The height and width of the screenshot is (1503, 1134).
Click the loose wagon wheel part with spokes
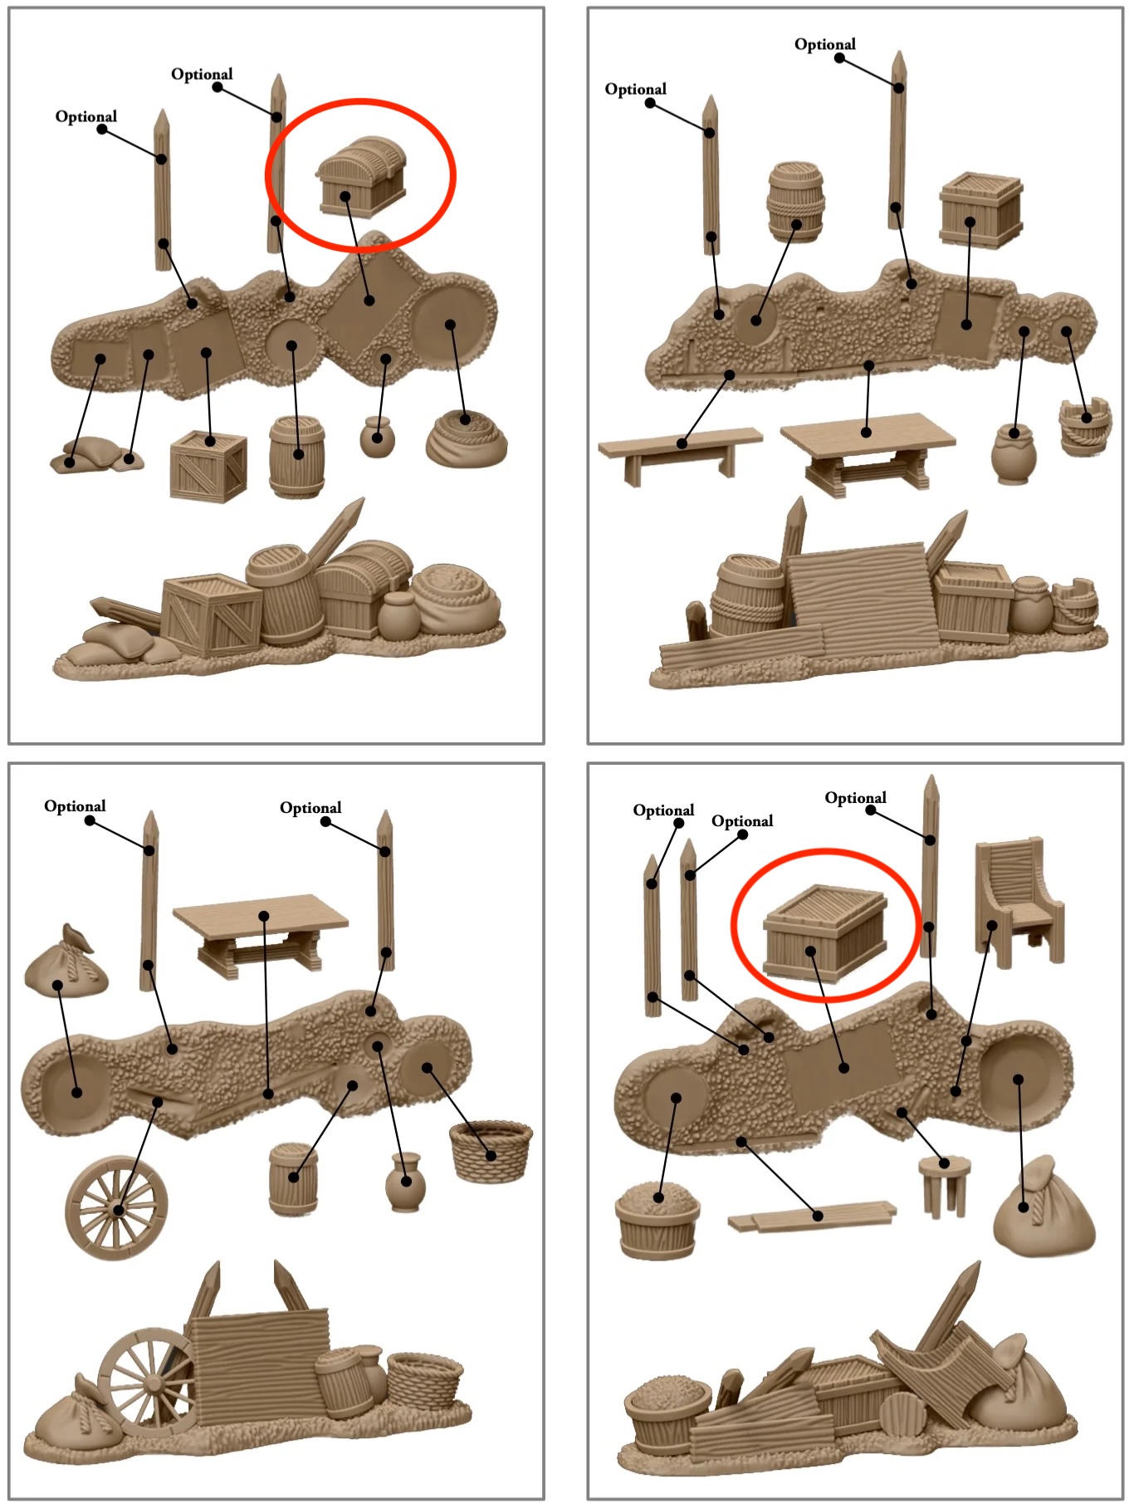coord(116,1207)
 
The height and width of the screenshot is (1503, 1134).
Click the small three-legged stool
coord(945,1185)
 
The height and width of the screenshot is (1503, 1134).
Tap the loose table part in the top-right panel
coord(868,448)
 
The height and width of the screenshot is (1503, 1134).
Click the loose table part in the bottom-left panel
coord(260,930)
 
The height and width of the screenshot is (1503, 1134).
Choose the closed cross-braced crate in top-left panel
coord(208,466)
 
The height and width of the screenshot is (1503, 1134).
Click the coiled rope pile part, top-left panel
coord(466,438)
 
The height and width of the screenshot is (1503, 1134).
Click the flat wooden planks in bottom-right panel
coord(812,1217)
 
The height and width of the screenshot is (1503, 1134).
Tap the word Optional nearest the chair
coord(855,798)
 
